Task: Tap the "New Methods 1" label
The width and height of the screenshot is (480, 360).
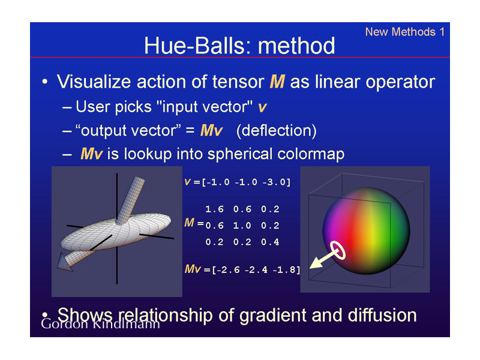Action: click(404, 32)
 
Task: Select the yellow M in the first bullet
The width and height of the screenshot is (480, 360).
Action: click(277, 82)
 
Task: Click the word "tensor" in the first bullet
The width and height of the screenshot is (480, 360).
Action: click(238, 82)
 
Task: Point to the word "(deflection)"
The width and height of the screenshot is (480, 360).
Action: click(277, 131)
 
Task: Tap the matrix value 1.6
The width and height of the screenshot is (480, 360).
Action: click(214, 209)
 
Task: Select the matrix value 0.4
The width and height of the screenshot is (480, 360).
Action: click(270, 242)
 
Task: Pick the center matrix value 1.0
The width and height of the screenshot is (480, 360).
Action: click(242, 226)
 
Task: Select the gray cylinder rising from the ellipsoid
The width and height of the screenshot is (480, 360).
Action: click(130, 200)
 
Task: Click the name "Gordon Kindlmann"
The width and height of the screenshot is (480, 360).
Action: click(100, 324)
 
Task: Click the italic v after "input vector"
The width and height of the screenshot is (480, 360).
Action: click(262, 107)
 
